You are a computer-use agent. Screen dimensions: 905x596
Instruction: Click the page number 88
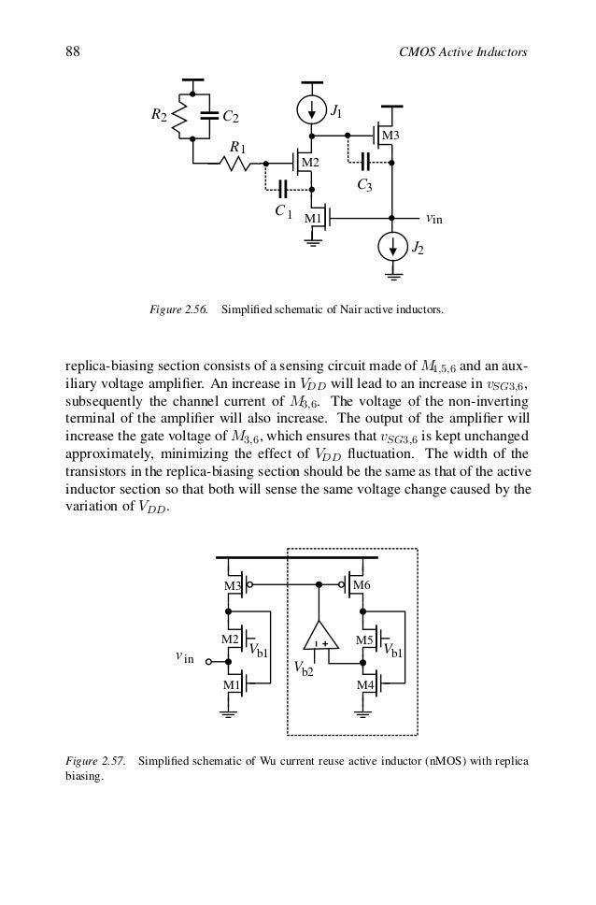coord(71,51)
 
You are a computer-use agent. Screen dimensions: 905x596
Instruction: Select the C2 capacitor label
coord(231,117)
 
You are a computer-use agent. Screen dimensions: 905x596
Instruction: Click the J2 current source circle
coord(393,249)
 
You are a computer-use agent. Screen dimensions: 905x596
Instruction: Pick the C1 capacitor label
coord(283,212)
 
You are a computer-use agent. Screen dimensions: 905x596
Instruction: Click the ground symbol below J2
coord(393,275)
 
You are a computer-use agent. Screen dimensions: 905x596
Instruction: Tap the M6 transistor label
coord(362,586)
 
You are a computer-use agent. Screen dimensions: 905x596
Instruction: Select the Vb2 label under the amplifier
coord(304,669)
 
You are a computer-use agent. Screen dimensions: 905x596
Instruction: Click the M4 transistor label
coord(365,686)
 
